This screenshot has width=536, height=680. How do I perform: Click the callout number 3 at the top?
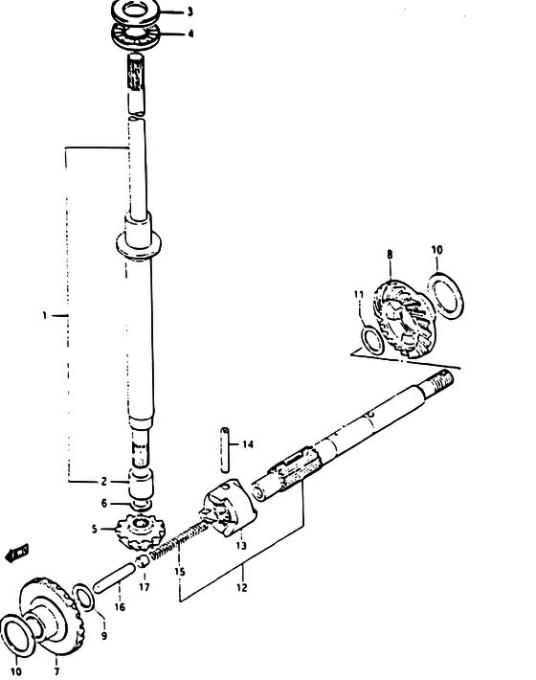pos(190,12)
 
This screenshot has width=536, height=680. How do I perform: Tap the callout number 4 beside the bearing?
pos(190,34)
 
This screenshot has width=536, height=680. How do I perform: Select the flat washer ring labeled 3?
pos(136,11)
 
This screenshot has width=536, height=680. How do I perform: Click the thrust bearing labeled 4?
pos(136,35)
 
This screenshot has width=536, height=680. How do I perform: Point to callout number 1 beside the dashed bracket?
pos(44,315)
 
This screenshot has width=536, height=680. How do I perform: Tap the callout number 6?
pos(104,504)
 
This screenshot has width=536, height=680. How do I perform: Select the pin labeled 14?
pos(225,450)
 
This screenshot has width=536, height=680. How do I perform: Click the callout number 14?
pos(247,444)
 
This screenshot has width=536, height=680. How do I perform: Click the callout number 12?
pos(242,588)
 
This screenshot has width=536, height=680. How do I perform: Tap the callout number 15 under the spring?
pos(180,572)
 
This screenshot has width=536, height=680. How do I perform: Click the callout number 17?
pos(145,587)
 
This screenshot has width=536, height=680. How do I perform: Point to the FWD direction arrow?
pos(17,554)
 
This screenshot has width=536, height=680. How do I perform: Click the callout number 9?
pos(104,636)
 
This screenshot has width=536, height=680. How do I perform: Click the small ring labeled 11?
pos(371,341)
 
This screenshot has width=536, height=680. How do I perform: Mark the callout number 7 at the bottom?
pos(56,671)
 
